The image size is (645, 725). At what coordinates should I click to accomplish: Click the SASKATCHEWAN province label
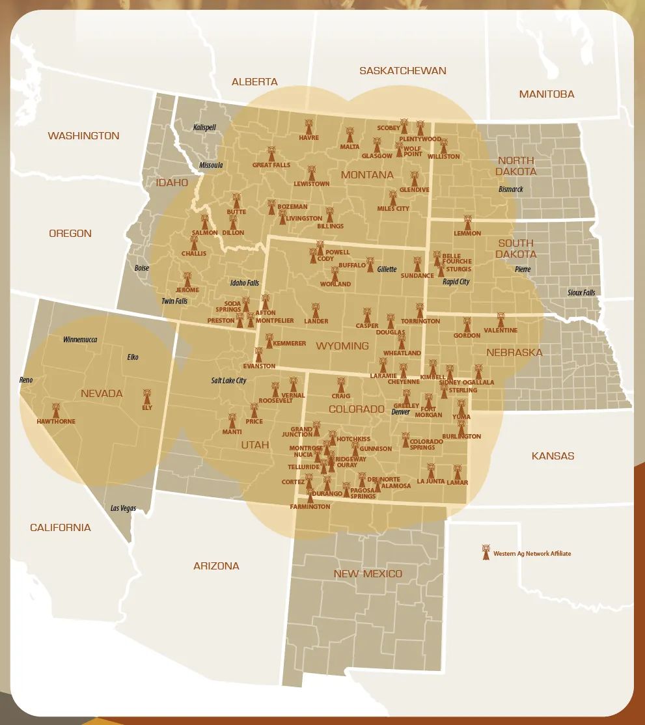pos(403,70)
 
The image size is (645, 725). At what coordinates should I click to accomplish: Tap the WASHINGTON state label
pos(83,136)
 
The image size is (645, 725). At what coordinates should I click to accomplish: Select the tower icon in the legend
pos(485,553)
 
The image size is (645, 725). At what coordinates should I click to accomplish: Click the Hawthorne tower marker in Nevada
pos(56,411)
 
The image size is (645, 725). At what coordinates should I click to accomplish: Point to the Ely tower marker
pos(146,396)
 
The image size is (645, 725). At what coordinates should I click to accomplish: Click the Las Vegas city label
pos(123,508)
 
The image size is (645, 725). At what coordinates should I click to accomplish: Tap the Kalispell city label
pos(204,128)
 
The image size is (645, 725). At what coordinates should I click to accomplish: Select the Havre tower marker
pos(309,126)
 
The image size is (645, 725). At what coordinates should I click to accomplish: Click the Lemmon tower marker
pos(467,223)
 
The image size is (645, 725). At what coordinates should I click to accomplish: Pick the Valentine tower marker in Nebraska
pos(501,320)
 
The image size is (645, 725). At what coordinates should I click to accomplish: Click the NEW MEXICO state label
pos(368,574)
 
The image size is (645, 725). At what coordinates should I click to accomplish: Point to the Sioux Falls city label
pos(581,293)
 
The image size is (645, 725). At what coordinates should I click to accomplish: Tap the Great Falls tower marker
pos(271,154)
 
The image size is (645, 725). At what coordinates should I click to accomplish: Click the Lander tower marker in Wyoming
pos(316,310)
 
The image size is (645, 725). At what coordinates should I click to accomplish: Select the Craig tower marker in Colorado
pos(340,385)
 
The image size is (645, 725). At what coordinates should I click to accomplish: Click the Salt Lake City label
pos(228,381)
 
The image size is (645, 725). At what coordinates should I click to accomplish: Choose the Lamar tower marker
pos(457,472)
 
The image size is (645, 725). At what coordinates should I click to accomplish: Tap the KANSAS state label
pos(553,456)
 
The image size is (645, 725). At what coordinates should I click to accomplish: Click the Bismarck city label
pos(512,189)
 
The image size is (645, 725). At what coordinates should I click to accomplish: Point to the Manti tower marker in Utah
pos(232,421)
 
